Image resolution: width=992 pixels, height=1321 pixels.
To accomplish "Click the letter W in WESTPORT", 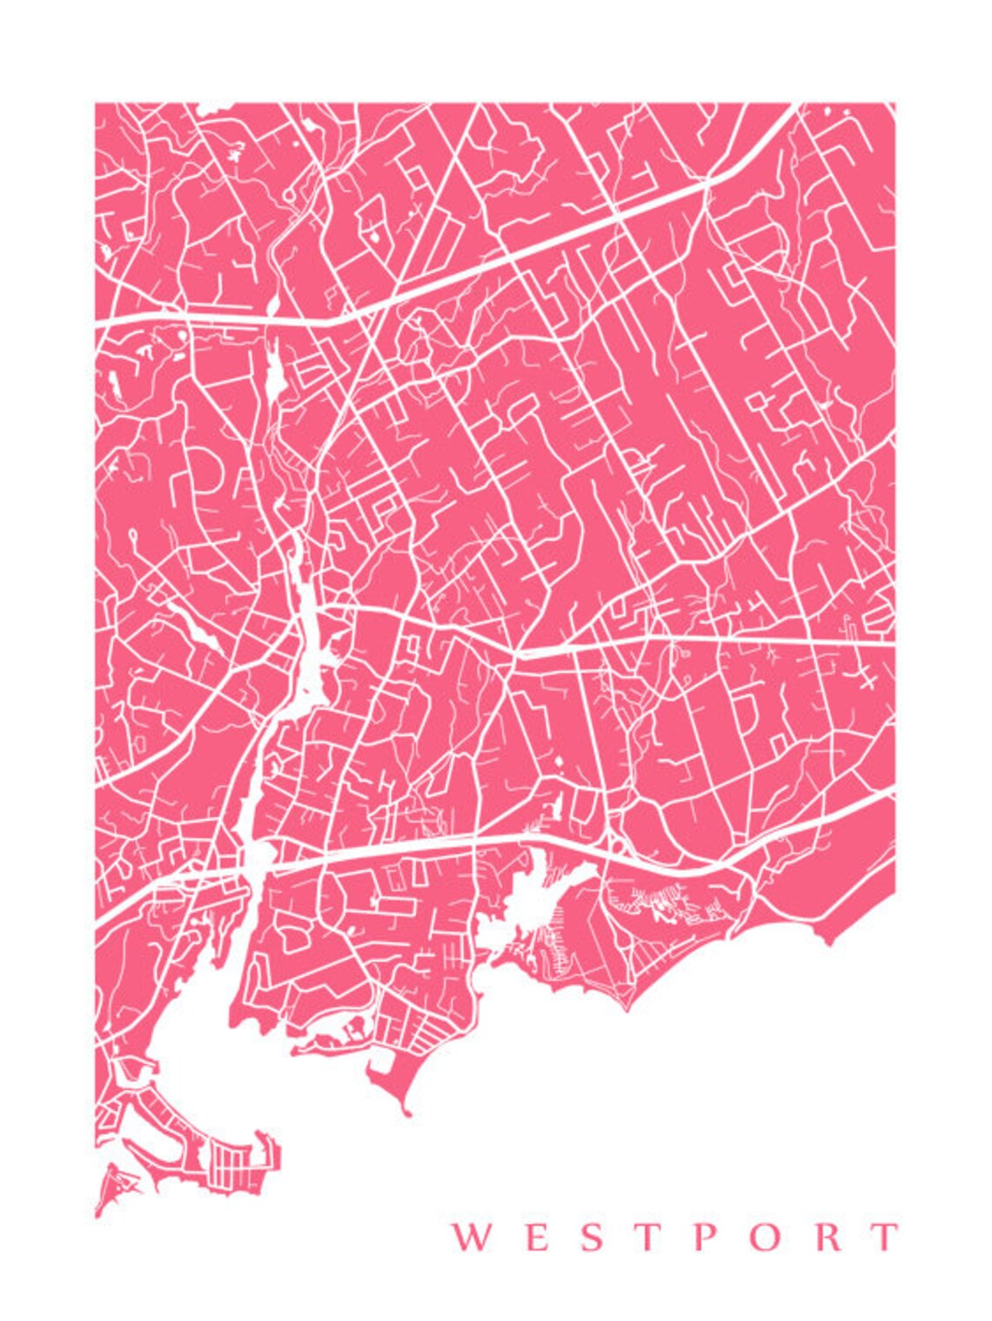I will (468, 1237).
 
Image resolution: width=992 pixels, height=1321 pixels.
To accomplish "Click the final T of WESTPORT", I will (886, 1237).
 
